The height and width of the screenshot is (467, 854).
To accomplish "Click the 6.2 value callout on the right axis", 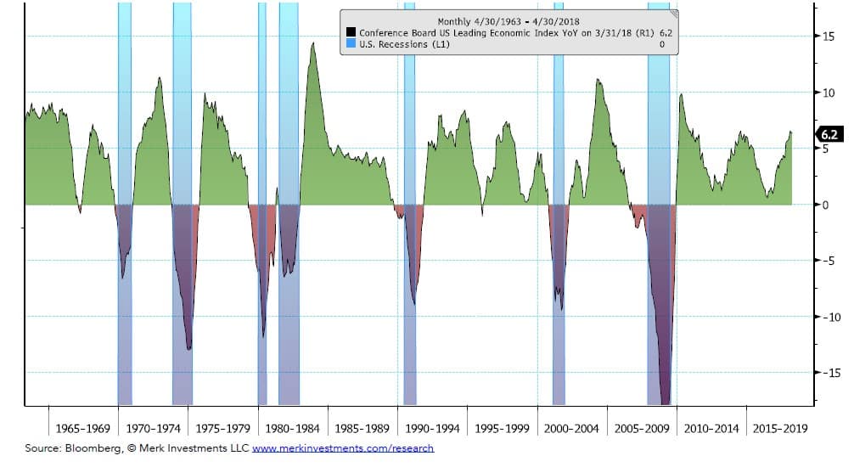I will pos(830,134).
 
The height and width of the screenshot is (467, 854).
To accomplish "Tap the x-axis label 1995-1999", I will pos(501,428).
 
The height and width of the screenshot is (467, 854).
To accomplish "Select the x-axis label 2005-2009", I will pos(641,428).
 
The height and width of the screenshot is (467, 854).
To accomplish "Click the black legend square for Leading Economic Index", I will pos(350,32).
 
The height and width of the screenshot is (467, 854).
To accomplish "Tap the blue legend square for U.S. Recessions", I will pos(350,43).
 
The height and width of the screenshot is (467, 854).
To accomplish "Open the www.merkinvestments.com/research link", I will pos(343,448).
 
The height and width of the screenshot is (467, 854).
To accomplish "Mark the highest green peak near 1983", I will pos(313,43).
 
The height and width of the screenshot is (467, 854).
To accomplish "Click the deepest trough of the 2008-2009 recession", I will pos(666,403).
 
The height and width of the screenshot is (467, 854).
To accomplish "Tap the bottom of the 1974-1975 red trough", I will pos(188,349).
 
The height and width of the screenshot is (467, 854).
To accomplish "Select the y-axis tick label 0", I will pos(827,205).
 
